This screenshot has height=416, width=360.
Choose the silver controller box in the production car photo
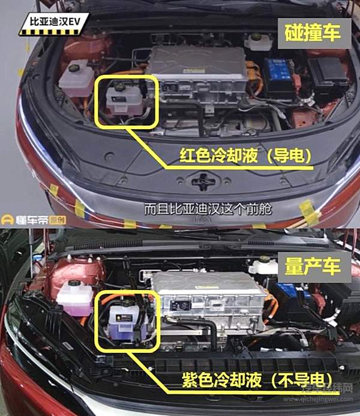tap(207, 303)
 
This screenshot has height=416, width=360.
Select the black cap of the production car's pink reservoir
tap(74, 283)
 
